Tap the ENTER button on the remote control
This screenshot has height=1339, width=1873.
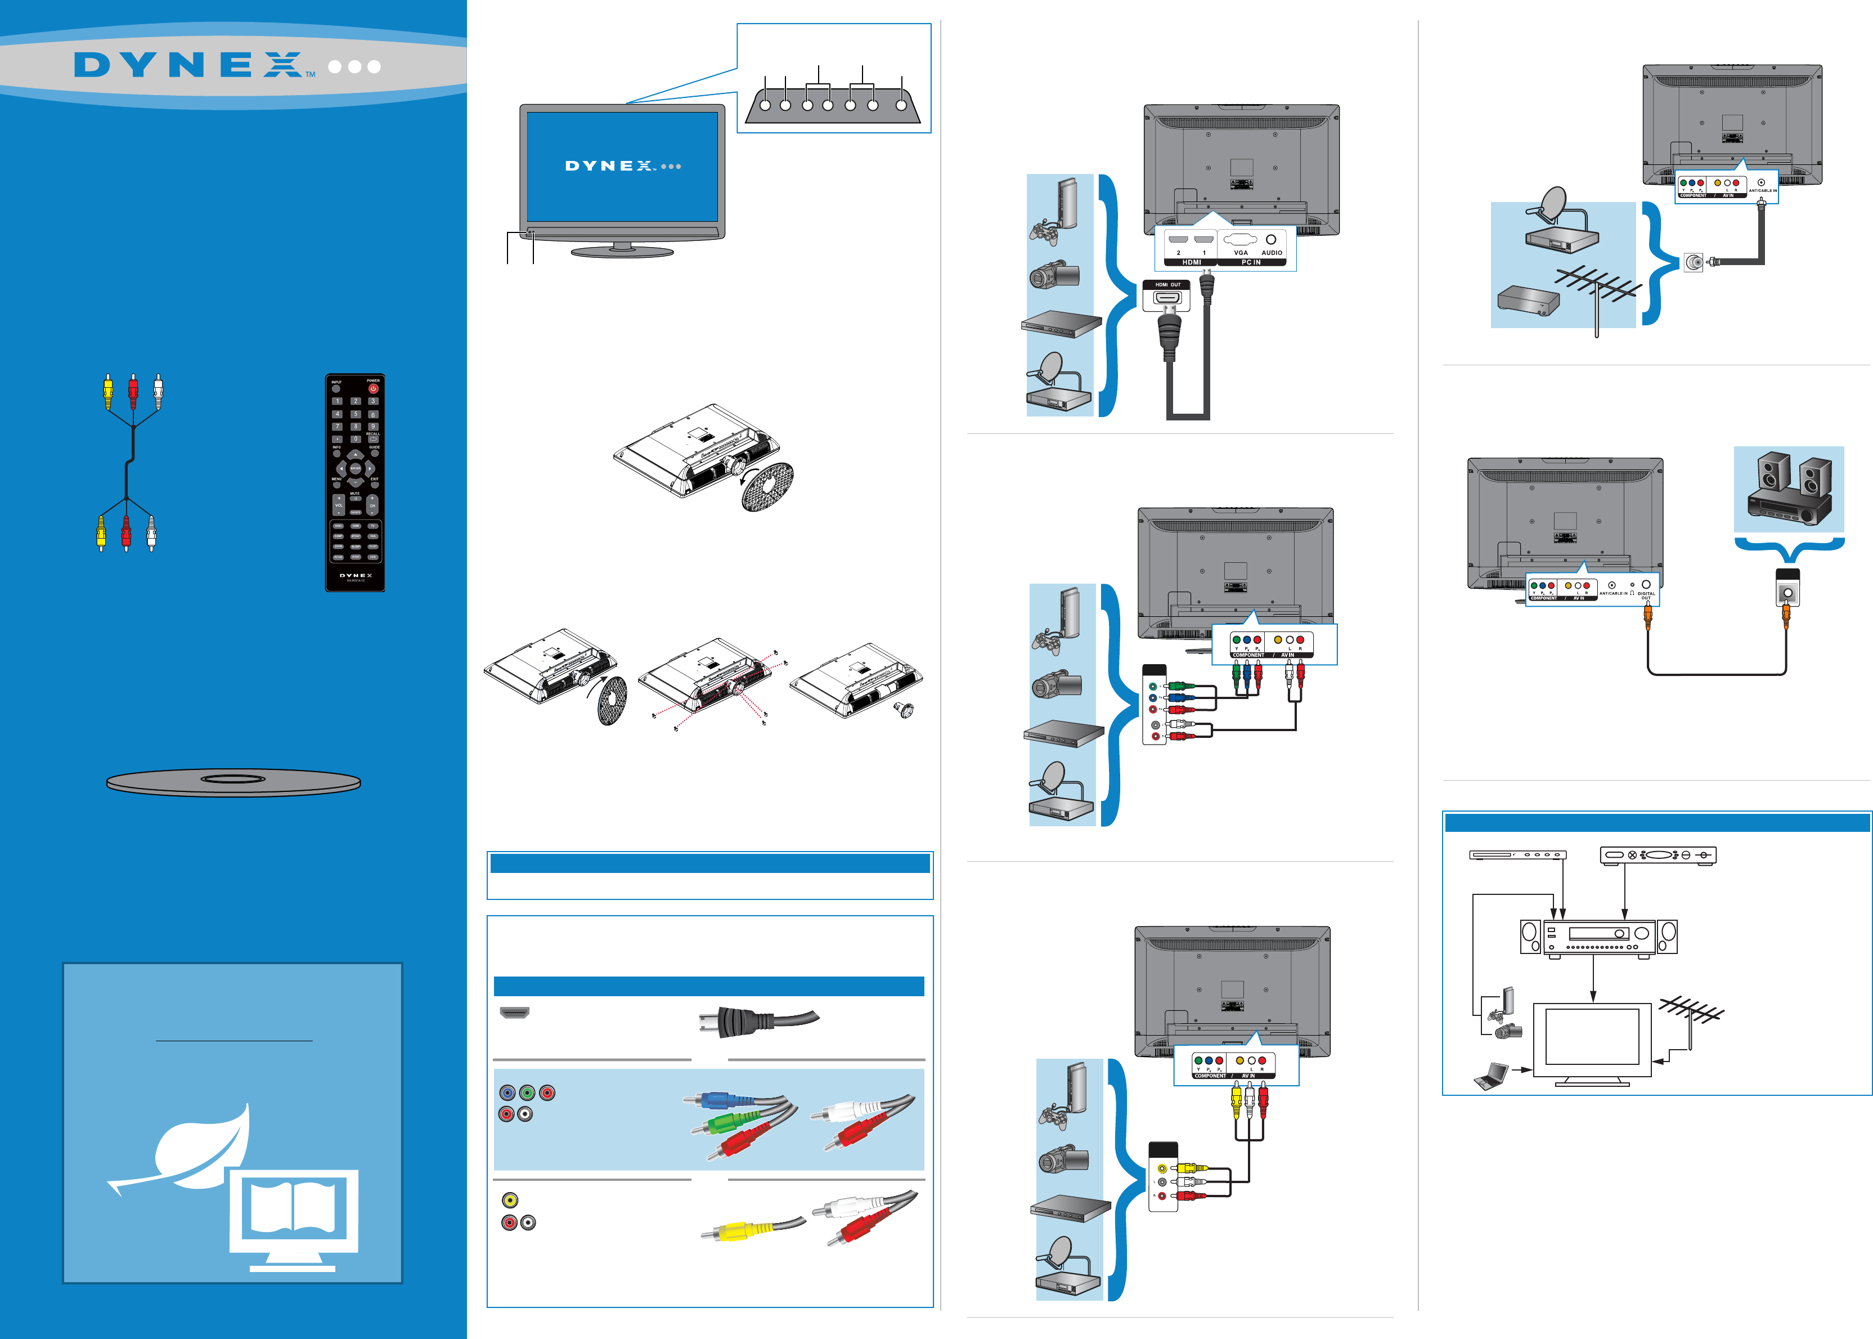pyautogui.click(x=354, y=468)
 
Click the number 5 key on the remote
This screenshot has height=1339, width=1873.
pyautogui.click(x=355, y=414)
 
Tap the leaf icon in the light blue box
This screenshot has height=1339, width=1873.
pyautogui.click(x=194, y=1146)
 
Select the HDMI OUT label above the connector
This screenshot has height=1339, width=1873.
pyautogui.click(x=1167, y=284)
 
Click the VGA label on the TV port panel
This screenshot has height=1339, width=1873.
pyautogui.click(x=1240, y=252)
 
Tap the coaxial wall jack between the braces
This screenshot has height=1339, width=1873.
pyautogui.click(x=1692, y=262)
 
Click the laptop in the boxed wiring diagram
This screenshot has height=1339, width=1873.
pyautogui.click(x=1490, y=1075)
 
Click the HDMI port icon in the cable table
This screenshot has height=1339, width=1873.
pyautogui.click(x=514, y=1013)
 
